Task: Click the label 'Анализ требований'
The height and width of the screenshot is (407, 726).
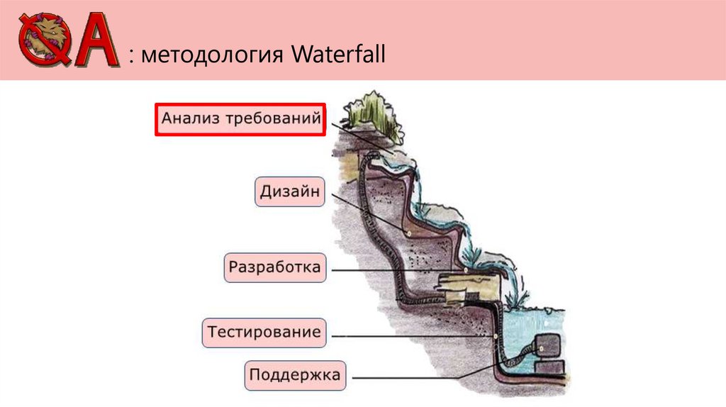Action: (x=241, y=118)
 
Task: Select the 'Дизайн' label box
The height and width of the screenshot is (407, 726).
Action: (x=289, y=191)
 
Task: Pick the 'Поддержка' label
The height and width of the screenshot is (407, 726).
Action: (x=296, y=374)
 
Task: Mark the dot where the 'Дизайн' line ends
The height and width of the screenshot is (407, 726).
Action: (x=408, y=234)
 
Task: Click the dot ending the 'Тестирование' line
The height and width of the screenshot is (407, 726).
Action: (x=494, y=335)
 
